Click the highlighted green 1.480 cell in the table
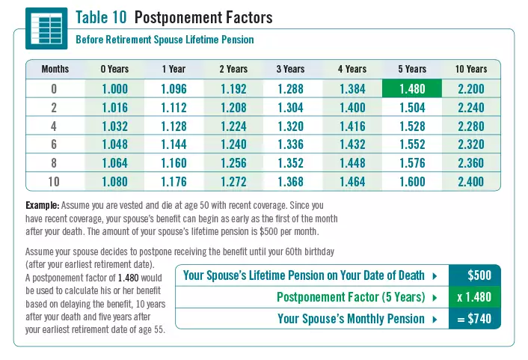tap(412, 88)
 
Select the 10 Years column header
tap(470, 69)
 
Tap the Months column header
tap(55, 69)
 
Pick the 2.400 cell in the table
tap(470, 182)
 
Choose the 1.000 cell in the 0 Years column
tap(114, 88)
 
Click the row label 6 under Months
tap(55, 144)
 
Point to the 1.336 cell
tap(290, 144)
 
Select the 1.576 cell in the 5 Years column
tap(412, 163)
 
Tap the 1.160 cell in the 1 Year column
tap(174, 163)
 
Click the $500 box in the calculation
tap(479, 275)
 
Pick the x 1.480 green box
tap(474, 297)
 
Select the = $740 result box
tap(474, 319)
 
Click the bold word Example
tap(42, 204)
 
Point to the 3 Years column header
tap(290, 69)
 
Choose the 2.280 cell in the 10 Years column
tap(470, 126)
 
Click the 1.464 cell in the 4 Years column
tap(352, 182)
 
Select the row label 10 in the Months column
tap(55, 182)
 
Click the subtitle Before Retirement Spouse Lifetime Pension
tap(165, 39)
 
